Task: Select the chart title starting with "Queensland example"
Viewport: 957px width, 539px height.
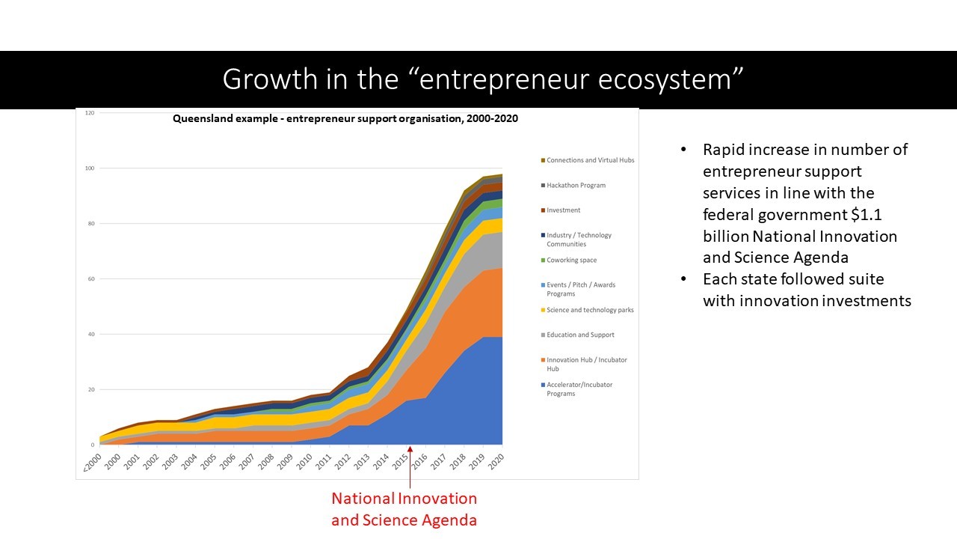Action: click(345, 118)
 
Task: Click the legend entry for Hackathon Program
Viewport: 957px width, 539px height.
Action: click(576, 186)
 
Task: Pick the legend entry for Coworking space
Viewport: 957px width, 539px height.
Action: click(571, 261)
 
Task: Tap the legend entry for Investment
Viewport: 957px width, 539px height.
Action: click(563, 210)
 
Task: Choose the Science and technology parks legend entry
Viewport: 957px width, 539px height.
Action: click(589, 310)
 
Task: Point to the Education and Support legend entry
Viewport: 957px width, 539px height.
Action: click(580, 335)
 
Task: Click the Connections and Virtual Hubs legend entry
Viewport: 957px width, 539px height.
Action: click(590, 160)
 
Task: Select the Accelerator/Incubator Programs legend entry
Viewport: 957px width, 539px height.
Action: click(579, 389)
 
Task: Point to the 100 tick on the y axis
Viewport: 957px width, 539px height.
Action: click(90, 168)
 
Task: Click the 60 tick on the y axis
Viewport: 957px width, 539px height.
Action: click(91, 278)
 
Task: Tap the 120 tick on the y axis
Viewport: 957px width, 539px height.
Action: click(90, 113)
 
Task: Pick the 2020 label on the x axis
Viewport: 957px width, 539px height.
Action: click(496, 457)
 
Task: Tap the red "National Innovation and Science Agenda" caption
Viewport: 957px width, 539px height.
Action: click(404, 509)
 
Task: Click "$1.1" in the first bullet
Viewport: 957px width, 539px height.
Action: click(870, 215)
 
